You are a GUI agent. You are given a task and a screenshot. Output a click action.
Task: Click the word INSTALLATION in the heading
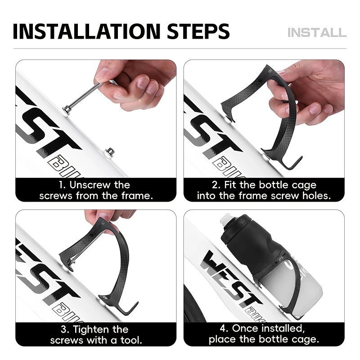click(x=86, y=31)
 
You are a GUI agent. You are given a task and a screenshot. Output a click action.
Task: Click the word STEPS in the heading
click(x=198, y=31)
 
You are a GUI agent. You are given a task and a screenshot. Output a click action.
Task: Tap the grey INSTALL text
click(x=317, y=32)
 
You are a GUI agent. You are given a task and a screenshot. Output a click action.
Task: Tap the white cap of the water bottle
click(x=226, y=219)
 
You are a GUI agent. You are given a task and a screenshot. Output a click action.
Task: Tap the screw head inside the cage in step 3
click(x=72, y=261)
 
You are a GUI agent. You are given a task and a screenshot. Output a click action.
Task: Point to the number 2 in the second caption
click(x=216, y=185)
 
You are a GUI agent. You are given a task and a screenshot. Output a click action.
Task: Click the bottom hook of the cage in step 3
click(x=131, y=309)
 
